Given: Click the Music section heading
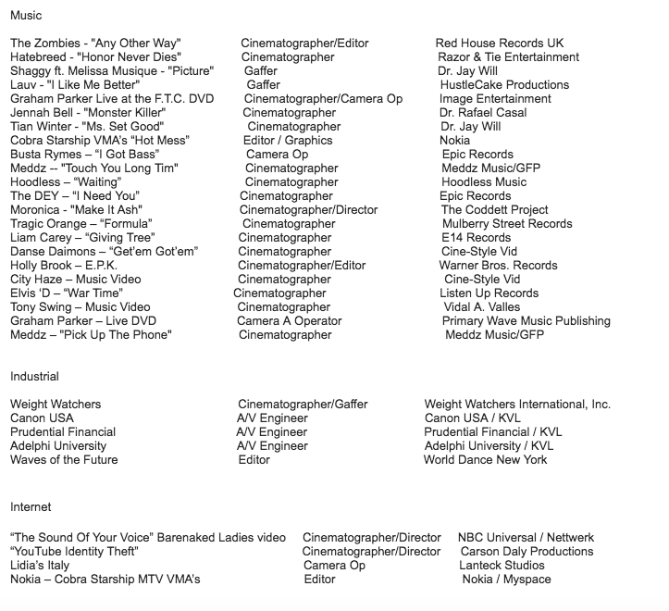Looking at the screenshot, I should [x=26, y=16].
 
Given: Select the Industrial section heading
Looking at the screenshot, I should [x=34, y=377].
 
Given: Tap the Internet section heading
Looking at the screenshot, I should [x=31, y=507].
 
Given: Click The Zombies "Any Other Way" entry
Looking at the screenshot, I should [x=95, y=44].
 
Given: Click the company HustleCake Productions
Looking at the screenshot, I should [x=504, y=85].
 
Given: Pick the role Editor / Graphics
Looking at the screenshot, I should [x=288, y=141].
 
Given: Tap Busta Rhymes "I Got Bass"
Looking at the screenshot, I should [x=84, y=155].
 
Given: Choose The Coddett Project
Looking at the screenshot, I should [x=494, y=210].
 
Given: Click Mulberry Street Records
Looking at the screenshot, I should [x=507, y=224].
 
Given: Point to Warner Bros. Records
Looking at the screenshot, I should [x=498, y=266].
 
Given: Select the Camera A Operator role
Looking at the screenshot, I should [x=289, y=321].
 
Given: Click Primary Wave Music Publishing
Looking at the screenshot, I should [x=526, y=321].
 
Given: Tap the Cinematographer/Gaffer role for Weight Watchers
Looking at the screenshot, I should [x=303, y=405].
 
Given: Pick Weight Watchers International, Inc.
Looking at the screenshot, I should [x=517, y=405].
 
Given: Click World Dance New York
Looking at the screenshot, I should [x=485, y=460].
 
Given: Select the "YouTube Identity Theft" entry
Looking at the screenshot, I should [x=74, y=552].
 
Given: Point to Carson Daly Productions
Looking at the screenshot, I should [x=527, y=552].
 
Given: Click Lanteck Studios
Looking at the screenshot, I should [x=502, y=566].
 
